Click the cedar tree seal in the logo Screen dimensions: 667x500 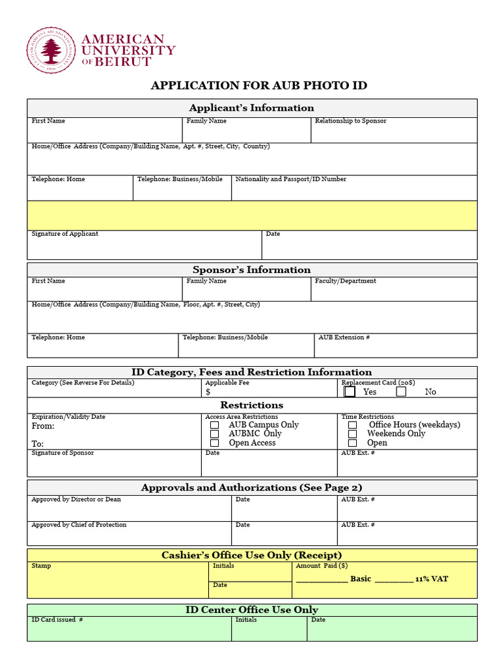50,51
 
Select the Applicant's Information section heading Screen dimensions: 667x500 251,108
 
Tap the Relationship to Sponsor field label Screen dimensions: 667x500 350,121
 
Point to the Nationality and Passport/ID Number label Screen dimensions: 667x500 290,179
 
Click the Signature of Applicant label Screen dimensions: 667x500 65,234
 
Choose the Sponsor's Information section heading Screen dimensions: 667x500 251,270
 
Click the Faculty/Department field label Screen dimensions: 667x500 345,281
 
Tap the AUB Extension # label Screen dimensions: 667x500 344,337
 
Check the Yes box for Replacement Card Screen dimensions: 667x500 350,391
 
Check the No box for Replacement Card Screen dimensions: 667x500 401,391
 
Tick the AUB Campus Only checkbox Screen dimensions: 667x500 214,425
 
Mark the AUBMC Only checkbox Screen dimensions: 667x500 214,434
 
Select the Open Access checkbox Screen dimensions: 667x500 214,443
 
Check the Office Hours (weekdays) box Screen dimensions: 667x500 352,425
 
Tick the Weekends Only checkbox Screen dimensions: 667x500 352,434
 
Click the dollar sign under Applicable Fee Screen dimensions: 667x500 208,392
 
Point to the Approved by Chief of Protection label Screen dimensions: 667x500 79,525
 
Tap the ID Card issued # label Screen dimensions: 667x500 57,620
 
